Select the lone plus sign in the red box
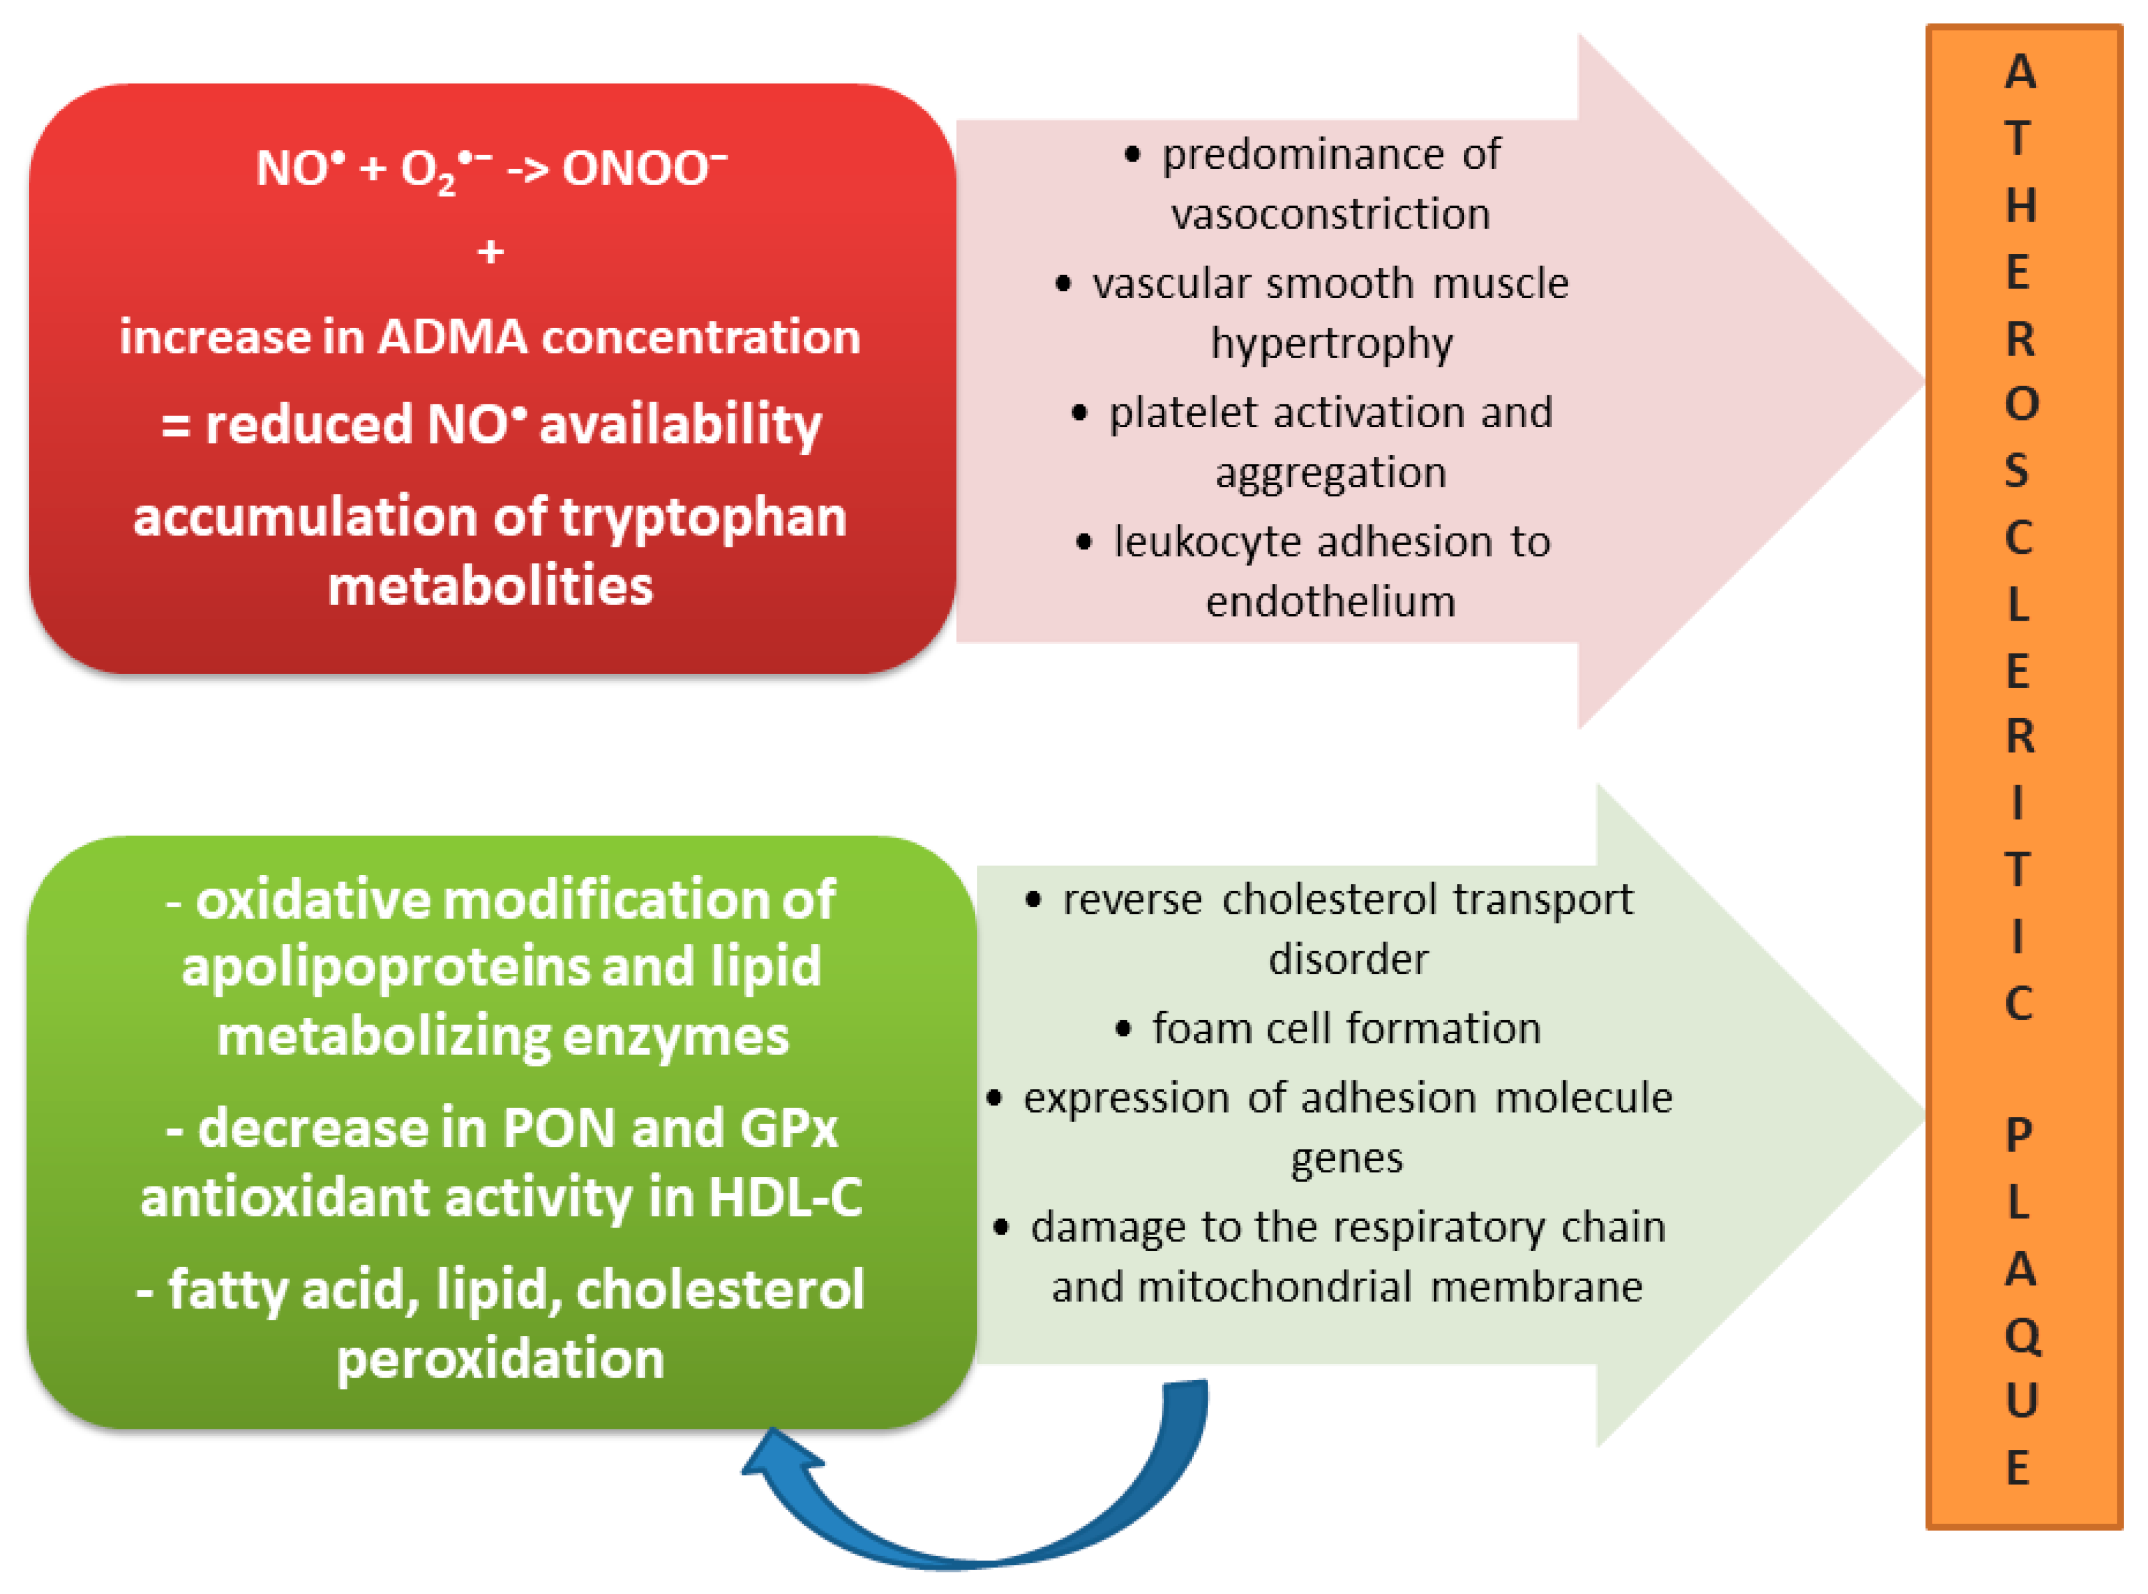tap(491, 253)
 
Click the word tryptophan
tap(703, 518)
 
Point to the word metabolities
tap(490, 586)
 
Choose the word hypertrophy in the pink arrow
tap(1332, 344)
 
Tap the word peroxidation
tap(500, 1360)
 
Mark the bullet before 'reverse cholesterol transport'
tap(1034, 900)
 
